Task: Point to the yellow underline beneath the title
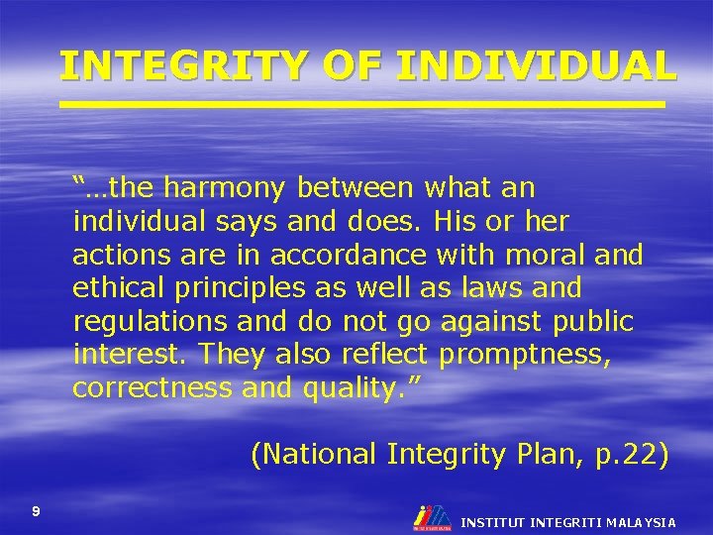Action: [x=361, y=103]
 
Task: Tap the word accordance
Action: [x=351, y=254]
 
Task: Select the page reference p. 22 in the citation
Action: [x=625, y=454]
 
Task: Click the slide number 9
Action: [x=37, y=511]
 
